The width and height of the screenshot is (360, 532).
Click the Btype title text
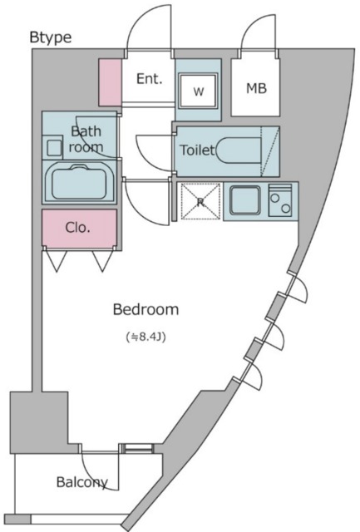pos(51,37)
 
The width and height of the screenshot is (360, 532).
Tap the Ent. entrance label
pos(150,79)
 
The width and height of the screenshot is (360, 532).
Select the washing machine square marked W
pos(198,91)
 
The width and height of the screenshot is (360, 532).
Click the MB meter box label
pos(257,89)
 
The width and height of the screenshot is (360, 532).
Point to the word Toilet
pos(197,150)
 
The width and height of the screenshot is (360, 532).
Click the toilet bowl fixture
pos(239,150)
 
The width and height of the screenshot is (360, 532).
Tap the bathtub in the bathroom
pos(79,183)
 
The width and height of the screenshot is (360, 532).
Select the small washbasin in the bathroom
pos(53,148)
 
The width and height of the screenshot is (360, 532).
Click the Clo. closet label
pos(77,227)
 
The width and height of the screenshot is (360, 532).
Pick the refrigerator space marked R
pos(200,202)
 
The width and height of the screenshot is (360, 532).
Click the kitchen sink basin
pos(245,200)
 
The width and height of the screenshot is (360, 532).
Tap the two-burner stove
pos(280,200)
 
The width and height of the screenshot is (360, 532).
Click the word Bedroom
pos(145,309)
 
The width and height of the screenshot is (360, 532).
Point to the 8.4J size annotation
pos(145,337)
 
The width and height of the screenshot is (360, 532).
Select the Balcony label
pos(82,482)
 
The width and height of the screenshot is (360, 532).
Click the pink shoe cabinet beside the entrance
pos(110,82)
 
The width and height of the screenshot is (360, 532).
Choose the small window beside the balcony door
pos(137,448)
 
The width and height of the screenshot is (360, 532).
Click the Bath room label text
pos(86,139)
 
